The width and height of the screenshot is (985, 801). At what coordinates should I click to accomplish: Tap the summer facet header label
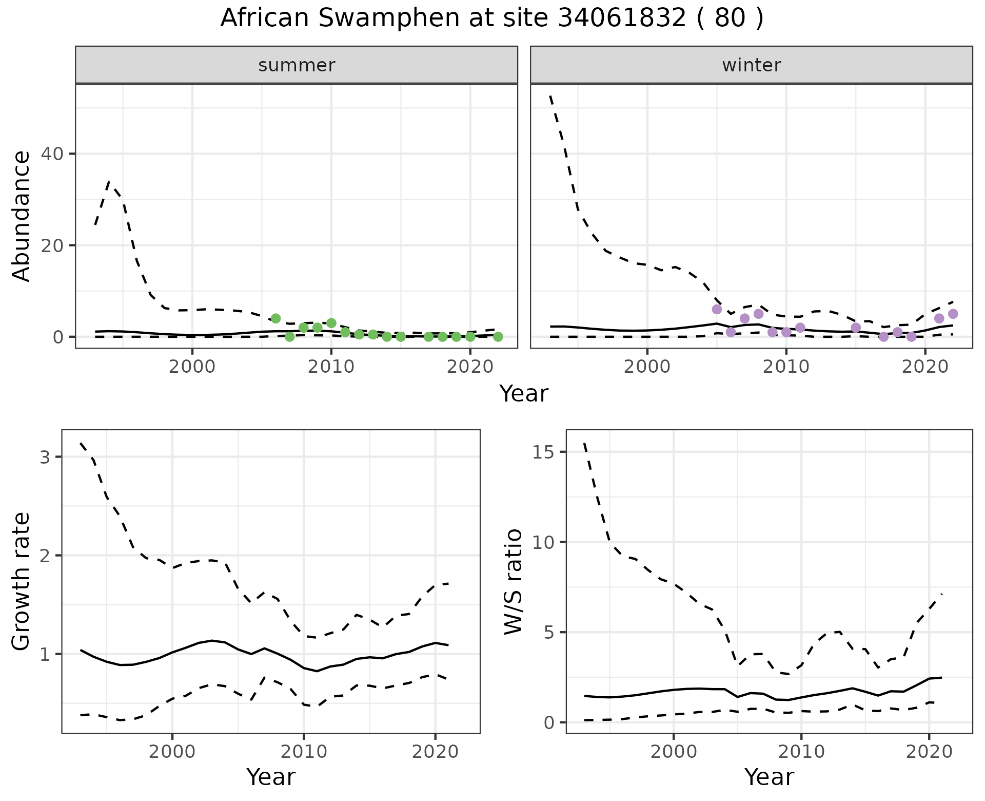297,65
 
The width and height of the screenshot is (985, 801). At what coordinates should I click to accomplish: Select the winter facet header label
751,65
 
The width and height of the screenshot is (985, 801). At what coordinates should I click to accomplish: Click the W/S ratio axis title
513,581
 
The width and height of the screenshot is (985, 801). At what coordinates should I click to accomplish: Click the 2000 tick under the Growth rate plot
172,752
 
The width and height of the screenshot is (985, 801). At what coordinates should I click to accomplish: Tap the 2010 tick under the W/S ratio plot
801,752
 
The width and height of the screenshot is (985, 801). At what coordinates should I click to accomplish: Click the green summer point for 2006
275,318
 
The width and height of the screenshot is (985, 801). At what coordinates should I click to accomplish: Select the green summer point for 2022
498,337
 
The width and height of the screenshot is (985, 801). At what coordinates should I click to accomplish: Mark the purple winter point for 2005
717,309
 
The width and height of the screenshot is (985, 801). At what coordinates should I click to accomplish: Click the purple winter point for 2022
953,314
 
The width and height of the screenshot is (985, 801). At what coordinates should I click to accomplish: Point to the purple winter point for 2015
856,328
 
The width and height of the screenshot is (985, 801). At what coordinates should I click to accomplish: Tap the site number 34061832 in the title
622,18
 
